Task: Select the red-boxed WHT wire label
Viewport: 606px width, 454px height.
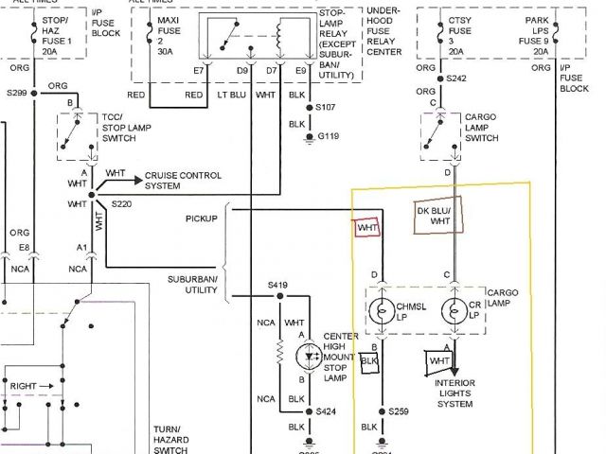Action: click(x=366, y=227)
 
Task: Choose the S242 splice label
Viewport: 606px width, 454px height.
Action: click(x=457, y=79)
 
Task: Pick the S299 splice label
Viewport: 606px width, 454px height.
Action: click(x=15, y=94)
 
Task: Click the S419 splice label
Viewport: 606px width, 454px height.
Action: click(x=278, y=284)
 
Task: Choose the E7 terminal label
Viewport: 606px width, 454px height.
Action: click(x=198, y=70)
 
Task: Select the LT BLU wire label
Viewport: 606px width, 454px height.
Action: click(x=232, y=95)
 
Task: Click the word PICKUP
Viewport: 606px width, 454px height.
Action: click(x=201, y=218)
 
